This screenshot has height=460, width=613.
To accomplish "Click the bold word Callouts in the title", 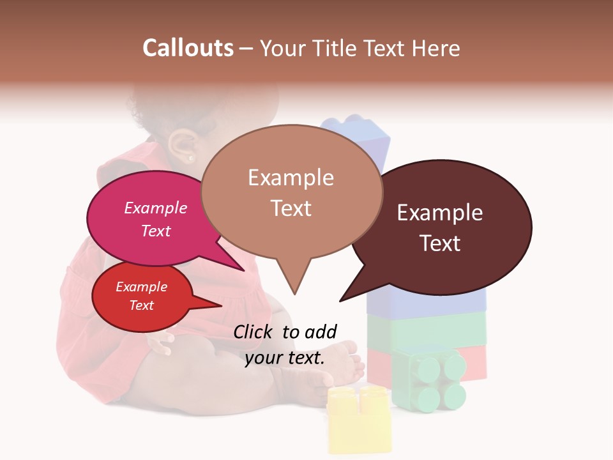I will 188,48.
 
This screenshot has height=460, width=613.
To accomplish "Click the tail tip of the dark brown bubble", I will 340,300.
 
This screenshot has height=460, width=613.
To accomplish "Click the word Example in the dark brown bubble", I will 440,213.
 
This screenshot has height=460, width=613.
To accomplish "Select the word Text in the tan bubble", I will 291,208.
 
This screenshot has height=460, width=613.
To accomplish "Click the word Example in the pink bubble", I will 156,208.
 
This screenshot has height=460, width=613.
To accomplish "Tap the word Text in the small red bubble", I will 142,305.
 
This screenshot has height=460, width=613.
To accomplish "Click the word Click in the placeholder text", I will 254,332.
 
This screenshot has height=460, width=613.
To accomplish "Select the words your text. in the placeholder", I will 285,358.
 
